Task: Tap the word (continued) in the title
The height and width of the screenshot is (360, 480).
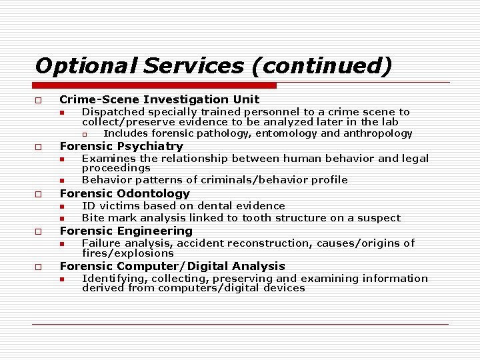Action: click(319, 65)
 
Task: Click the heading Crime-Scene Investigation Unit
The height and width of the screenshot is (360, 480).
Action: click(159, 99)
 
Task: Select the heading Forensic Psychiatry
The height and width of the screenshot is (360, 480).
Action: click(121, 146)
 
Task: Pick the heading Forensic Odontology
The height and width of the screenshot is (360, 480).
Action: click(125, 193)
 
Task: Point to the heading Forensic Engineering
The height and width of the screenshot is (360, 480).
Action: click(126, 231)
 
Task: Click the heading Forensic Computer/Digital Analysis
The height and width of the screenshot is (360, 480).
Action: click(172, 266)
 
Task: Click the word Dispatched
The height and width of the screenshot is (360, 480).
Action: click(113, 112)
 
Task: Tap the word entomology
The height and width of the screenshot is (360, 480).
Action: click(285, 133)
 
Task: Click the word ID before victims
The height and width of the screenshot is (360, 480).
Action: click(87, 206)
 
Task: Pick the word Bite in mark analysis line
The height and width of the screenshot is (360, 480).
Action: click(93, 218)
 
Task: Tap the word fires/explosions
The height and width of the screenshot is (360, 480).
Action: click(127, 253)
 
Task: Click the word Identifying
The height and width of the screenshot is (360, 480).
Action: click(111, 279)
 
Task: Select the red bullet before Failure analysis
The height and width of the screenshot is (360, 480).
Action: click(61, 244)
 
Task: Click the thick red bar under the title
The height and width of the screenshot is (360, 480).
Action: click(155, 85)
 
